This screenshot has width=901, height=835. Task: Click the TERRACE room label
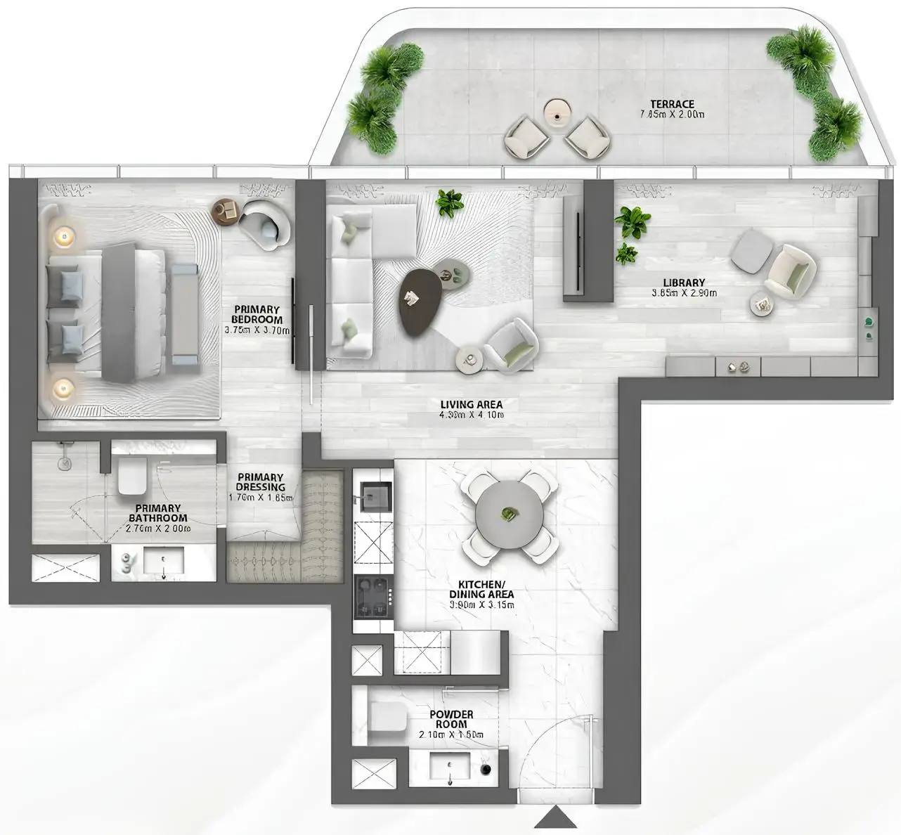pyautogui.click(x=672, y=104)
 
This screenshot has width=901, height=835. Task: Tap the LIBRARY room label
pyautogui.click(x=684, y=283)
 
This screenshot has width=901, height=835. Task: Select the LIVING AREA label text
pyautogui.click(x=471, y=405)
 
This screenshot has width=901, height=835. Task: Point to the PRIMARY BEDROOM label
pyautogui.click(x=257, y=314)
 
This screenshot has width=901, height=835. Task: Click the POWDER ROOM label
pyautogui.click(x=451, y=719)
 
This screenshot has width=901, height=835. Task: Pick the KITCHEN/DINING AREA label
pyautogui.click(x=481, y=590)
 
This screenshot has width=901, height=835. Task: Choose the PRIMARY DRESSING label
pyautogui.click(x=260, y=482)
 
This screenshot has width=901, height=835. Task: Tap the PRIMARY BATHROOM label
pyautogui.click(x=158, y=513)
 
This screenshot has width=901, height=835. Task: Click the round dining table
pyautogui.click(x=509, y=514)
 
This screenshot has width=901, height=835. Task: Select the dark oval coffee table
pyautogui.click(x=422, y=299)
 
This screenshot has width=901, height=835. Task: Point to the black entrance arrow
pyautogui.click(x=555, y=817)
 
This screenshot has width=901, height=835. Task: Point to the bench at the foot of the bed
pyautogui.click(x=185, y=315)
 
